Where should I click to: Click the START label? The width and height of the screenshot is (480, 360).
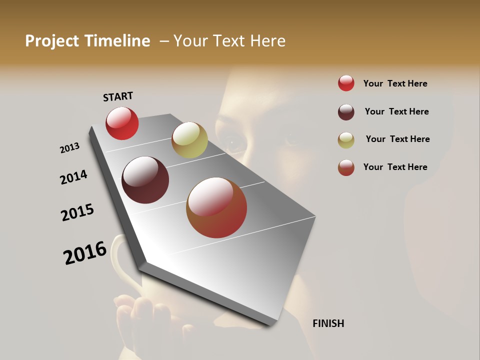tap(118, 96)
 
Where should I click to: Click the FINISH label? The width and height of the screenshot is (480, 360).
tap(328, 323)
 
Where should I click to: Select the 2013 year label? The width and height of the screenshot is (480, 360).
tap(70, 148)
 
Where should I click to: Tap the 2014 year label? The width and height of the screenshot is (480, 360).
tap(73, 177)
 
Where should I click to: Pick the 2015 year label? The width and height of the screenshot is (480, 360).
tap(77, 212)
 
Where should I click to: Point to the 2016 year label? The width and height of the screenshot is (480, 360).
tap(85, 253)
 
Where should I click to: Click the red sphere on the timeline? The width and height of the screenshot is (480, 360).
tap(122, 123)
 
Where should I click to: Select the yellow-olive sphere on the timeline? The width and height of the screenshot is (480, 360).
tap(189, 140)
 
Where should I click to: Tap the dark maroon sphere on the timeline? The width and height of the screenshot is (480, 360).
tap(145, 180)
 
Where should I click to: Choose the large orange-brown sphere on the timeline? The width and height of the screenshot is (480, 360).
tap(216, 207)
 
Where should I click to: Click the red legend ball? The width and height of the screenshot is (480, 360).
tap(346, 83)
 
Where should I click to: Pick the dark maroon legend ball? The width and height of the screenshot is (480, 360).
tap(346, 111)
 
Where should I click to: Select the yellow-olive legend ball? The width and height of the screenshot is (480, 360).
tap(346, 139)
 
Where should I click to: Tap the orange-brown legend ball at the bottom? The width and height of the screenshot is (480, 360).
tap(346, 167)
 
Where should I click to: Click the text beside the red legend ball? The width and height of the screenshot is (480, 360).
tap(395, 83)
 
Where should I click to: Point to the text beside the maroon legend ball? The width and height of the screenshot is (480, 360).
tap(396, 111)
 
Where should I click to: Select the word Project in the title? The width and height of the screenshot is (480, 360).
tap(52, 41)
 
